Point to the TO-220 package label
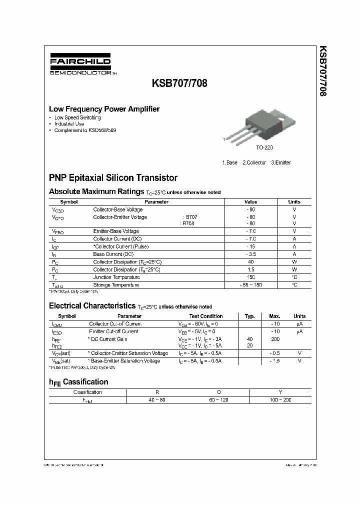click(264, 148)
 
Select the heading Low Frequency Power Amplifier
click(104, 108)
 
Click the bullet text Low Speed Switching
click(77, 117)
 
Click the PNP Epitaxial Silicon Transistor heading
click(113, 177)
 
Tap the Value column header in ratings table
click(250, 202)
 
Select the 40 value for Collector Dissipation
click(250, 262)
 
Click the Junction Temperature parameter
click(116, 277)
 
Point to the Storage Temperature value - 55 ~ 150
click(250, 285)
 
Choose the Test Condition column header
click(206, 316)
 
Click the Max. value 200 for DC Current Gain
click(274, 339)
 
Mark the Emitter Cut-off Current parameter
click(113, 331)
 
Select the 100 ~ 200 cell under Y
click(280, 400)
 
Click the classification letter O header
click(218, 392)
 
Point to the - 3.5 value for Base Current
click(250, 254)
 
